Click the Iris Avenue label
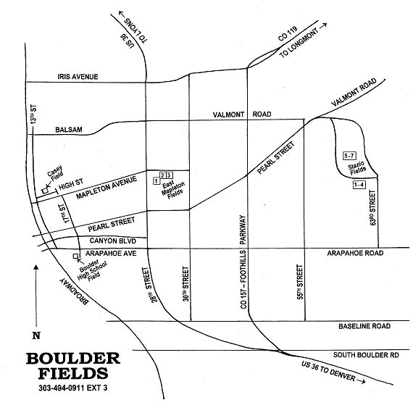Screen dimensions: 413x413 click(x=78, y=77)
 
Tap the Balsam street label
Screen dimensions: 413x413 click(x=69, y=130)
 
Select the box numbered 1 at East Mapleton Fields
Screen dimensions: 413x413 click(x=157, y=181)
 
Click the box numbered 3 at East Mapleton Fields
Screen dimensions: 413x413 click(x=170, y=175)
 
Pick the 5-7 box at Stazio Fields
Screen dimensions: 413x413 click(x=349, y=156)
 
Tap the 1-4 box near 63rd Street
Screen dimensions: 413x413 click(x=359, y=185)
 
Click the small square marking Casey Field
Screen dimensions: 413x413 click(x=46, y=191)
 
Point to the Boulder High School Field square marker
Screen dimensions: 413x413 click(x=75, y=256)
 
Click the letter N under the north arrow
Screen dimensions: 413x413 click(x=36, y=335)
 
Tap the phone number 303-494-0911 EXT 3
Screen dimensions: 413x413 click(x=73, y=388)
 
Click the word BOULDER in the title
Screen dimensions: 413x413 click(x=73, y=359)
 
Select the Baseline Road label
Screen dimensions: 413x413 click(x=364, y=326)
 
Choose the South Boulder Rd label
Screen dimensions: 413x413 click(x=366, y=355)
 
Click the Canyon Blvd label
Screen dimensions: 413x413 click(x=113, y=241)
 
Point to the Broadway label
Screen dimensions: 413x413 click(x=74, y=291)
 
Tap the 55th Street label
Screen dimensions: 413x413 click(x=300, y=282)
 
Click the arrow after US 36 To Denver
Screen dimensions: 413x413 click(x=361, y=381)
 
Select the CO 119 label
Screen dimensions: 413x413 click(x=288, y=33)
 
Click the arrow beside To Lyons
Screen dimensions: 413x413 click(x=122, y=14)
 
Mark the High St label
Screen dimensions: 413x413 click(x=71, y=184)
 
